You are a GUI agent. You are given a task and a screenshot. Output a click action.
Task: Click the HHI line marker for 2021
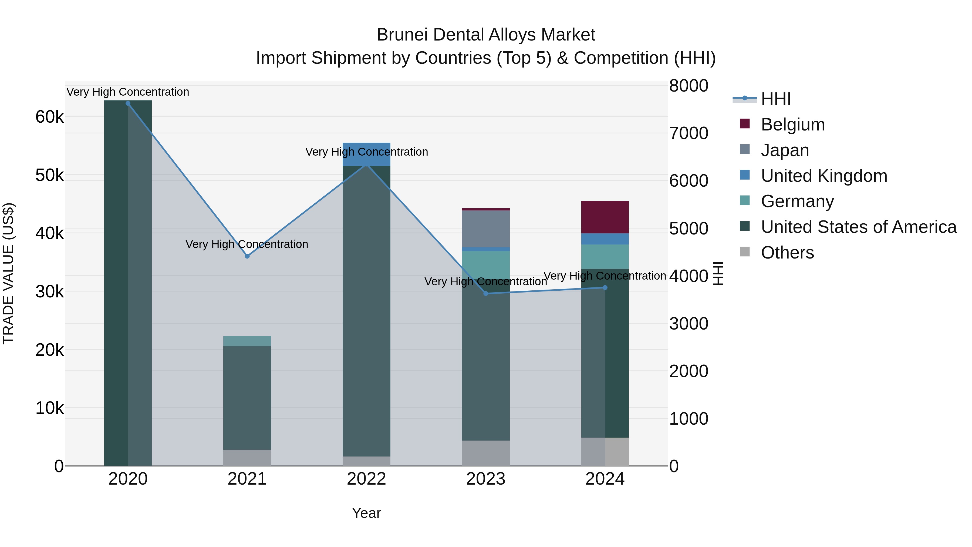pos(247,256)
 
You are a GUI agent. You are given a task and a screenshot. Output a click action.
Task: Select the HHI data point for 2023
pos(486,294)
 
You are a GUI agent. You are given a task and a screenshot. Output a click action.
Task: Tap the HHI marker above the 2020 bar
pos(128,103)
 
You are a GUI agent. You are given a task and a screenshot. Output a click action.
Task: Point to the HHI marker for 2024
pos(605,288)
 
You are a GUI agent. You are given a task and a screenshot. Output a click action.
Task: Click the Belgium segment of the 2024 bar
pos(605,217)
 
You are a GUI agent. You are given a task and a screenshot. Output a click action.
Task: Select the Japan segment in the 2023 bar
pos(486,229)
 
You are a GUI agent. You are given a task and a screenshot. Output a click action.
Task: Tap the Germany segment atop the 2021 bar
pos(247,341)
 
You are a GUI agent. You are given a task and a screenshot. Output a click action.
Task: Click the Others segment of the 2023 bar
pos(486,453)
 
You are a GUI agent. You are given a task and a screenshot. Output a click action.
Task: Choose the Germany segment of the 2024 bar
pos(605,257)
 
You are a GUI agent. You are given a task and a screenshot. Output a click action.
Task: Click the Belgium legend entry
pos(792,125)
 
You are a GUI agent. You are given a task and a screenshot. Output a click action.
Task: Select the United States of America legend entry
pos(858,227)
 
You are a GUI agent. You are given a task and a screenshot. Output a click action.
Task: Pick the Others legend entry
pos(787,253)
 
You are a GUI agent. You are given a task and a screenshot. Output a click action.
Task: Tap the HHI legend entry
pos(775,99)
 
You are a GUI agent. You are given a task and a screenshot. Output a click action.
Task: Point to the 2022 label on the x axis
pos(366,479)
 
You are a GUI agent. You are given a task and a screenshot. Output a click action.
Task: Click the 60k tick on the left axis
pos(49,117)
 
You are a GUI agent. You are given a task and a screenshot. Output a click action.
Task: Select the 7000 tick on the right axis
pos(688,133)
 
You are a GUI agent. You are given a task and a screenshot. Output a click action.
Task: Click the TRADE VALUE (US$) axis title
pos(8,273)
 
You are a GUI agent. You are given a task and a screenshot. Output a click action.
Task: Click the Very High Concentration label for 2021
pos(247,244)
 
